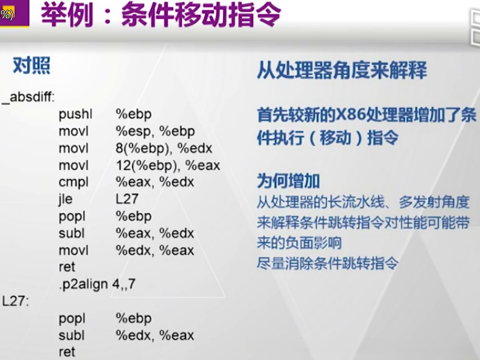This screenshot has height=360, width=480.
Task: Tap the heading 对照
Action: pyautogui.click(x=31, y=66)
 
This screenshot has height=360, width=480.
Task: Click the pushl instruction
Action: pyautogui.click(x=75, y=113)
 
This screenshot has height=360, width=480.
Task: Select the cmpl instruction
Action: pyautogui.click(x=74, y=182)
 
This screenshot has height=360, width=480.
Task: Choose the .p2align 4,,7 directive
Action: pyautogui.click(x=96, y=283)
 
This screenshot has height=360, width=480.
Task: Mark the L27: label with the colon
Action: pyautogui.click(x=15, y=301)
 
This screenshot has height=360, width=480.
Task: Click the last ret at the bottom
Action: pyautogui.click(x=66, y=352)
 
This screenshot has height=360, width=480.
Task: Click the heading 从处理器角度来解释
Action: pyautogui.click(x=342, y=70)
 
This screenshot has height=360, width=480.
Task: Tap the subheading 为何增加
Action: pyautogui.click(x=289, y=181)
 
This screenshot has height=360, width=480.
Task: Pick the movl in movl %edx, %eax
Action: pyautogui.click(x=74, y=250)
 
